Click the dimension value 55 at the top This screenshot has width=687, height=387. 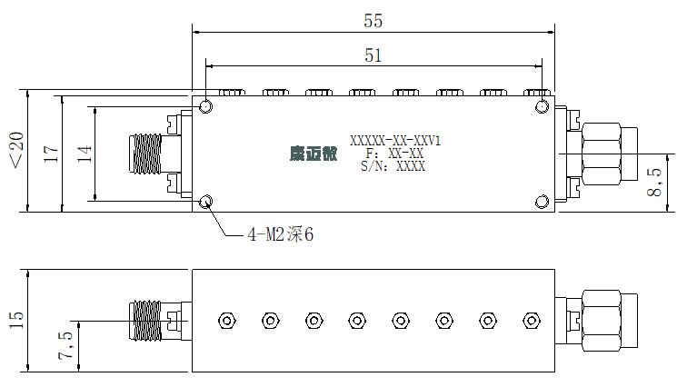(x=373, y=21)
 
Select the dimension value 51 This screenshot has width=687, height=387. (x=373, y=55)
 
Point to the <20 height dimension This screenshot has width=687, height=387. (x=17, y=150)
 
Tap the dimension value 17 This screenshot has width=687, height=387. (x=51, y=154)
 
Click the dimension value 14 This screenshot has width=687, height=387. (x=85, y=154)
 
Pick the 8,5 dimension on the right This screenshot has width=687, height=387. (x=654, y=182)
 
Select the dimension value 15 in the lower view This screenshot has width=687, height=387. (x=15, y=321)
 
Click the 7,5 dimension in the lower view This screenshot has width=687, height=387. (x=65, y=345)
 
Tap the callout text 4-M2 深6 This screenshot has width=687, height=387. (x=281, y=234)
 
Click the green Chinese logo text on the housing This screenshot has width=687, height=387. (x=314, y=154)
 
